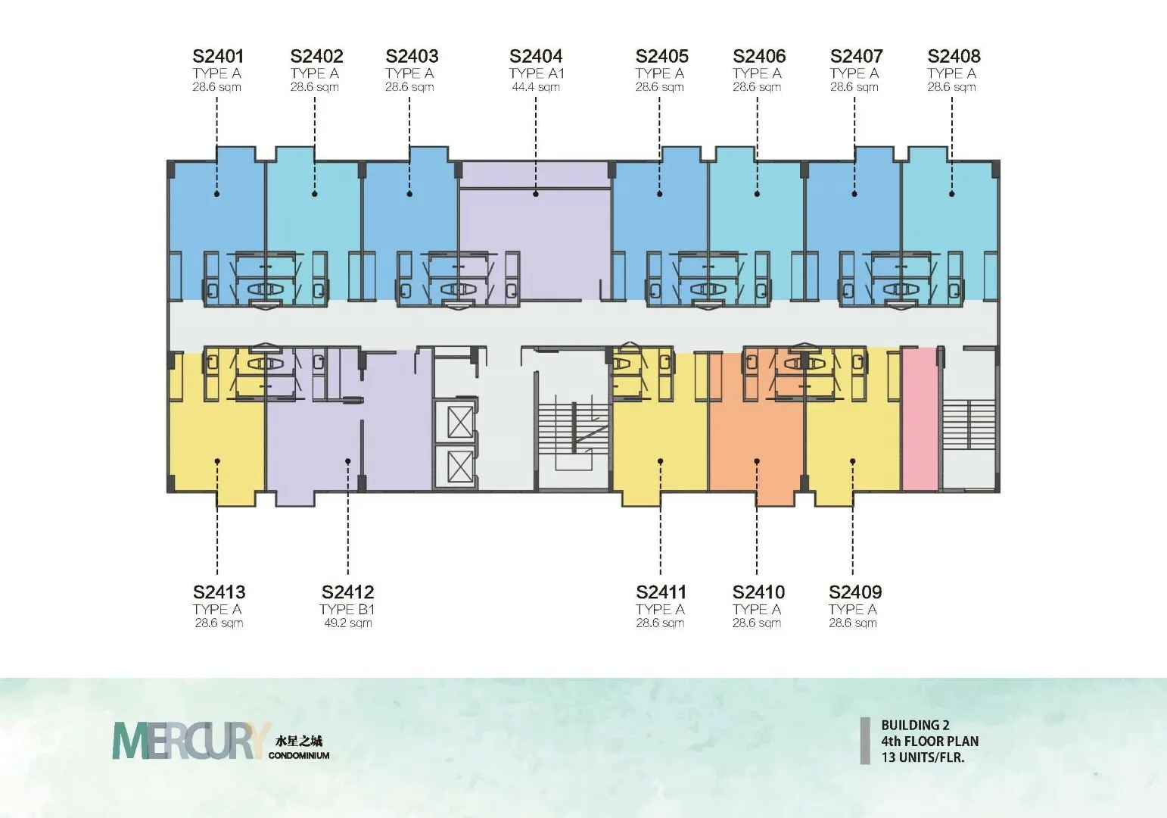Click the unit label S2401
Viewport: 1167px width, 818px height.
point(218,56)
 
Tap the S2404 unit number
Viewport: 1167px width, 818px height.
point(536,56)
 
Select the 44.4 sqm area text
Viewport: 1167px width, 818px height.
point(536,87)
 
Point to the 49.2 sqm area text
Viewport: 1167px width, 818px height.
point(347,623)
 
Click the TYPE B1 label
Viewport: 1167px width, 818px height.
point(347,609)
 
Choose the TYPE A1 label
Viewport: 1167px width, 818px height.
point(537,73)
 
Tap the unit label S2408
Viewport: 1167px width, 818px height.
point(954,56)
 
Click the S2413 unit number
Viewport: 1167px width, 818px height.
point(219,592)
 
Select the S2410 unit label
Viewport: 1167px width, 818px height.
point(758,592)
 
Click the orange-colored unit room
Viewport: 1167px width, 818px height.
point(757,438)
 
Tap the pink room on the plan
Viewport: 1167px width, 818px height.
point(920,419)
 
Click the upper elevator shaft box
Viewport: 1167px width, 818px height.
point(460,422)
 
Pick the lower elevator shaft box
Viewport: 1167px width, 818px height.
point(460,467)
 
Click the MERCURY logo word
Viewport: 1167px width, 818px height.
point(191,741)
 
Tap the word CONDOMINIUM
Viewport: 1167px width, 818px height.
point(299,755)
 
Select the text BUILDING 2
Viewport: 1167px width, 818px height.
point(916,725)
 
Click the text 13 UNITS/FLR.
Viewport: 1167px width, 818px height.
point(923,757)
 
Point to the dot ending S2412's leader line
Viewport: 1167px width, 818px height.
point(348,461)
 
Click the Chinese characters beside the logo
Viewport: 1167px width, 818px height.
point(298,741)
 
